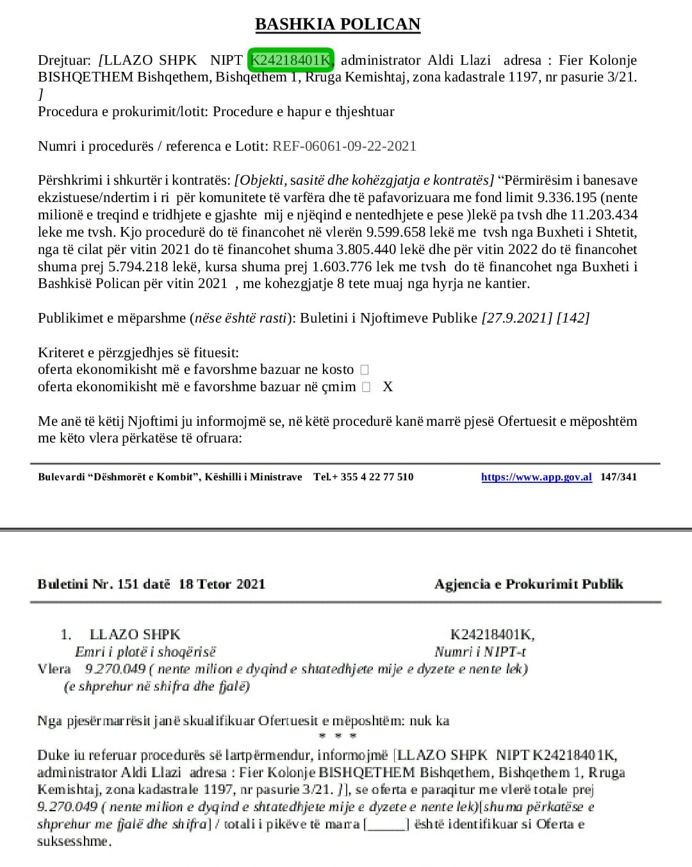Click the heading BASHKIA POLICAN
(x=338, y=24)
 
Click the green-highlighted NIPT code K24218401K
(x=292, y=60)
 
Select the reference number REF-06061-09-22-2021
(x=344, y=146)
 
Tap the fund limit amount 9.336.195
(x=565, y=198)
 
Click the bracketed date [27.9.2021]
(x=516, y=318)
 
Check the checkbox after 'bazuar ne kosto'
(x=365, y=370)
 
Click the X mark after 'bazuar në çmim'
(x=388, y=387)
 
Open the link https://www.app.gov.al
(x=536, y=477)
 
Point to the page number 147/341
(x=618, y=477)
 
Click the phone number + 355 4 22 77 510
(x=373, y=477)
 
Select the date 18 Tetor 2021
(x=222, y=584)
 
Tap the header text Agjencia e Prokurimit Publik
(x=529, y=584)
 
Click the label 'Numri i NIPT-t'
(x=481, y=652)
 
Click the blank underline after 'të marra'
(x=386, y=825)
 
